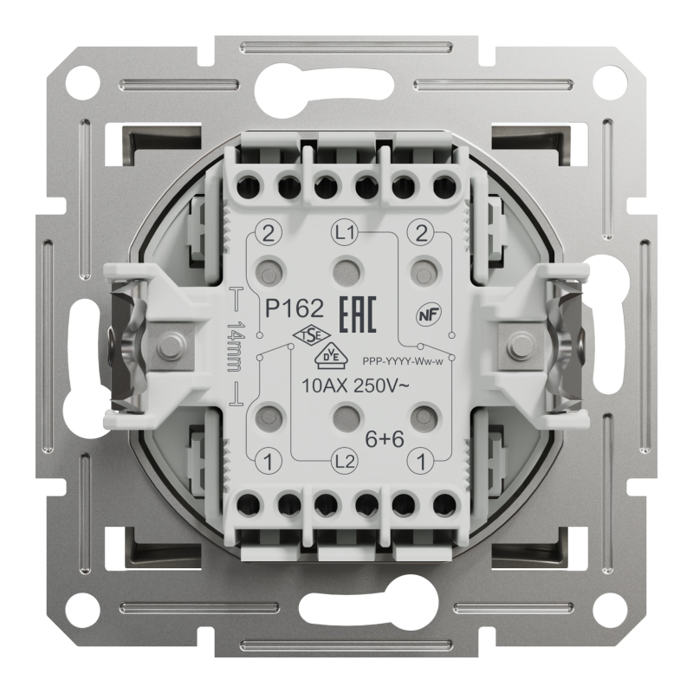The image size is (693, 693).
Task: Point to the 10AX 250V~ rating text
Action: (x=350, y=385)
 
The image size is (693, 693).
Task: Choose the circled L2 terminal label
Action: (x=345, y=460)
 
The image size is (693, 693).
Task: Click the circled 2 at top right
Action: (x=422, y=233)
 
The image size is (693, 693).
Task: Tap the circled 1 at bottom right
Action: (x=422, y=460)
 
